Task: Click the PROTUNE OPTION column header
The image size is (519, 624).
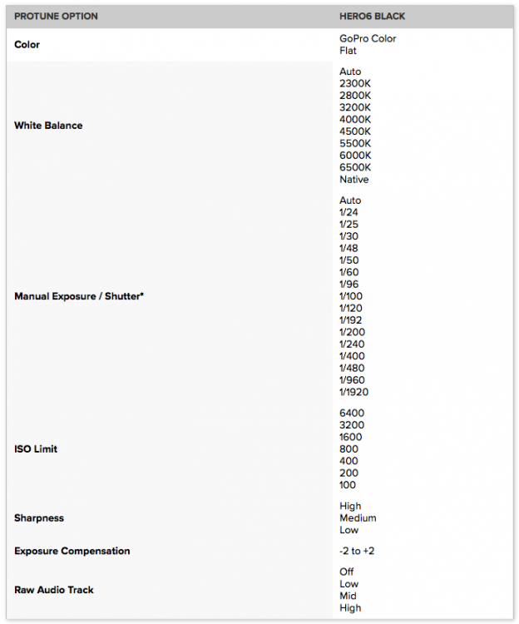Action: pyautogui.click(x=55, y=17)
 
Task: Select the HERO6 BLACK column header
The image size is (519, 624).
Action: pyautogui.click(x=372, y=17)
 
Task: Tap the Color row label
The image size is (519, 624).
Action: pyautogui.click(x=27, y=44)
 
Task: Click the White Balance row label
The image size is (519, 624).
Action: pyautogui.click(x=48, y=126)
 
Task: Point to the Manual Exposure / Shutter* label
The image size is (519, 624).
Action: pyautogui.click(x=79, y=296)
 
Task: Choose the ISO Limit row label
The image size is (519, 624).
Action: pyautogui.click(x=36, y=449)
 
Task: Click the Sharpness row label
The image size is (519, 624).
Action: pyautogui.click(x=39, y=518)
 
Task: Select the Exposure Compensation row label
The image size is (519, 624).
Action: pyautogui.click(x=72, y=551)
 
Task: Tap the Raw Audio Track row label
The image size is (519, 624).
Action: pyautogui.click(x=54, y=590)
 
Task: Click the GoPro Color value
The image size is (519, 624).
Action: pyautogui.click(x=368, y=38)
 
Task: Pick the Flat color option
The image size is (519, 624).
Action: pyautogui.click(x=348, y=51)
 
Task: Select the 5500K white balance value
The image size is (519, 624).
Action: pyautogui.click(x=355, y=143)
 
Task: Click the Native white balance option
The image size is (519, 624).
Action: pyautogui.click(x=354, y=180)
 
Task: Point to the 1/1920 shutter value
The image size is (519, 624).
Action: pyautogui.click(x=354, y=392)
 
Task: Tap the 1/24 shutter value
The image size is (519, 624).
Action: pyautogui.click(x=348, y=212)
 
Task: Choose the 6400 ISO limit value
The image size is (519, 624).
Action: pyautogui.click(x=352, y=413)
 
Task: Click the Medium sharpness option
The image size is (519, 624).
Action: pyautogui.click(x=358, y=518)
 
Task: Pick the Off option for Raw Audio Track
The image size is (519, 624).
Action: pyautogui.click(x=347, y=572)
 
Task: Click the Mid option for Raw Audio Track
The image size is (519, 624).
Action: pyautogui.click(x=348, y=596)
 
